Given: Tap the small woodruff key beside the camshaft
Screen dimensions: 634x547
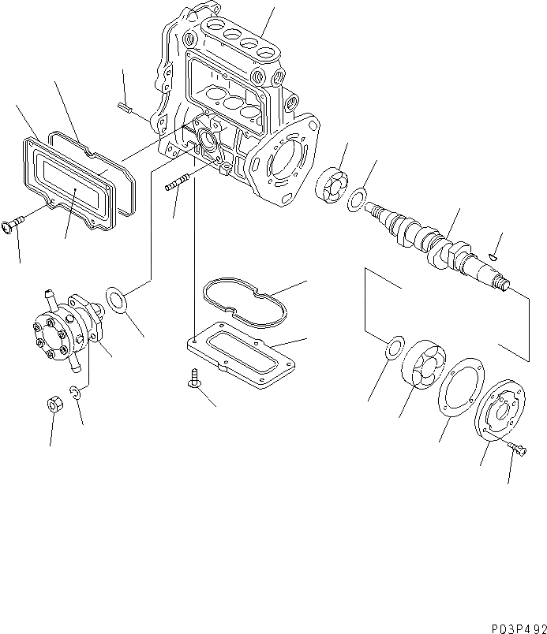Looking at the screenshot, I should [x=493, y=254].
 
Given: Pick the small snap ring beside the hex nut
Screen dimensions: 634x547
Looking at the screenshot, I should [x=76, y=394].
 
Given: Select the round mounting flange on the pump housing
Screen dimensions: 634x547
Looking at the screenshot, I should [x=282, y=162].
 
